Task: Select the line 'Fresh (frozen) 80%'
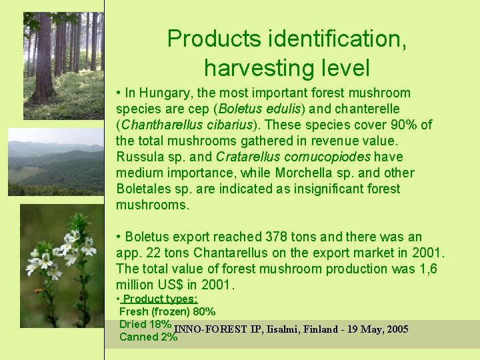167,311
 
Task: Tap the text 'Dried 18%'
145,324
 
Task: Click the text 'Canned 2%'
148,337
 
